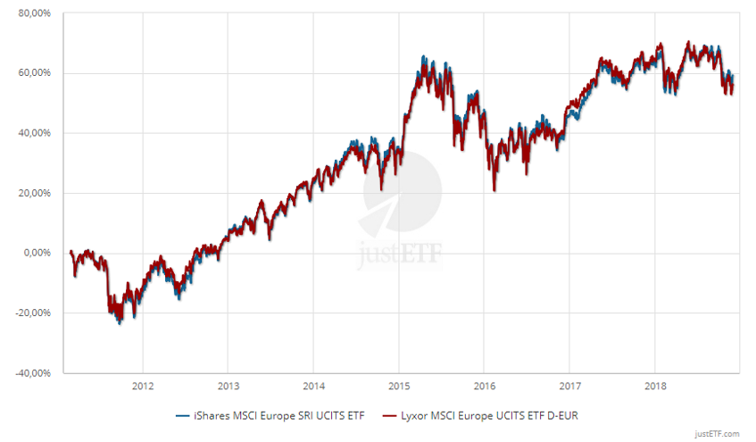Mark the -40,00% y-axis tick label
(34, 372)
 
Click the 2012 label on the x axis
(142, 387)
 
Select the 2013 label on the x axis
(228, 387)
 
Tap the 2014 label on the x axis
(312, 387)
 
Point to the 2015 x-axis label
(398, 387)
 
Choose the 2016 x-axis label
(484, 387)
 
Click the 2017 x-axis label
(569, 387)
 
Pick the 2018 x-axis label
(654, 387)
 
